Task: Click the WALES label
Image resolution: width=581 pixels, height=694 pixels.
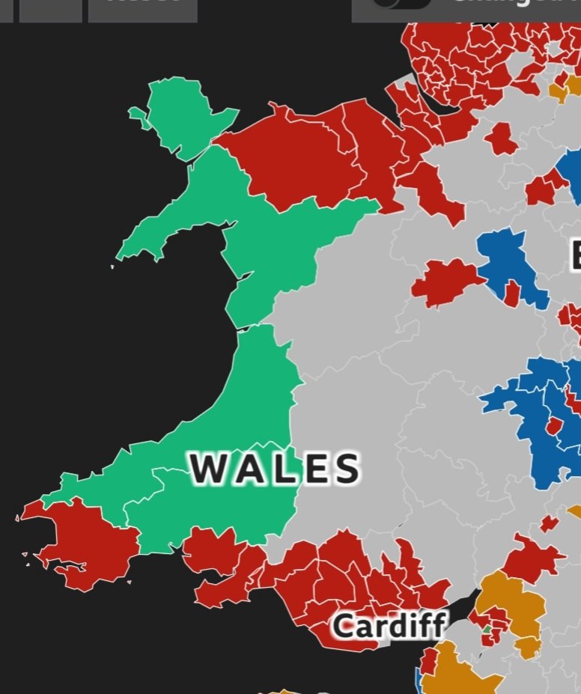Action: click(x=275, y=469)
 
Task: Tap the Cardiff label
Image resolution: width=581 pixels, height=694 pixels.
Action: click(x=389, y=625)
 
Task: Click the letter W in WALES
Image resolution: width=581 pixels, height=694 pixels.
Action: click(x=207, y=469)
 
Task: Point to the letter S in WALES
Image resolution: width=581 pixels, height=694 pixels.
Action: click(x=346, y=469)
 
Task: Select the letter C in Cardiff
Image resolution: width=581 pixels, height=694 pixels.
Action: click(x=343, y=626)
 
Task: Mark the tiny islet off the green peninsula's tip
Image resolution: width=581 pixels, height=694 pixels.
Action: click(x=113, y=267)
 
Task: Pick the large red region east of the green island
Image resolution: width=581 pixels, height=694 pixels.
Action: click(x=292, y=161)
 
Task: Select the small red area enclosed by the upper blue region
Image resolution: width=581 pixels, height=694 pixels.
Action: click(x=512, y=292)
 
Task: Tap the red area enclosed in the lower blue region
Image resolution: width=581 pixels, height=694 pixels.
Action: click(x=554, y=427)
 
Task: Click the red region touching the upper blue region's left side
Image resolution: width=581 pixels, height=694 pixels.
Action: click(x=445, y=281)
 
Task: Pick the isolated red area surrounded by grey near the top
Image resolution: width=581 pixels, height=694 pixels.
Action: click(x=500, y=139)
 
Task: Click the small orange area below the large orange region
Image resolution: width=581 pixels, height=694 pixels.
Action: click(x=528, y=646)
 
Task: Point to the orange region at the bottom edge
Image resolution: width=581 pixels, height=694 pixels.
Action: click(x=457, y=674)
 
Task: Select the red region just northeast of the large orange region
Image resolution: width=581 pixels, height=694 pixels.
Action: click(x=533, y=558)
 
